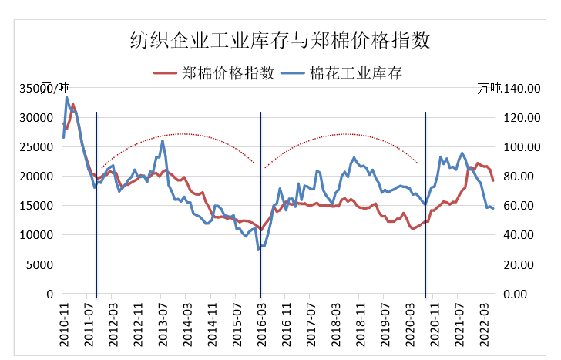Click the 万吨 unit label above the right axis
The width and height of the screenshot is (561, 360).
(489, 87)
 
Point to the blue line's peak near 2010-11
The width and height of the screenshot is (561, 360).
(66, 97)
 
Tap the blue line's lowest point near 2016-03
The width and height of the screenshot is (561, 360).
(258, 249)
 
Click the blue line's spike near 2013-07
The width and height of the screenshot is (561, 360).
(163, 141)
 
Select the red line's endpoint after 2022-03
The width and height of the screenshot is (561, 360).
(492, 180)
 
